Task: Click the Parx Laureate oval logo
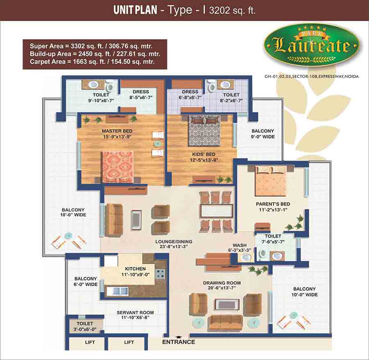[312, 45]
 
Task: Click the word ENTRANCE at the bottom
[179, 342]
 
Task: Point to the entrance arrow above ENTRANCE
[179, 337]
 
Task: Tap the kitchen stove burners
[161, 273]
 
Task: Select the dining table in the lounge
[216, 211]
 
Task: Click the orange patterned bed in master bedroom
[118, 167]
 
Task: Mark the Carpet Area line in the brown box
[92, 62]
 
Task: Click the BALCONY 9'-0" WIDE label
[263, 134]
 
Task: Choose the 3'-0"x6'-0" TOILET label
[85, 326]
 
